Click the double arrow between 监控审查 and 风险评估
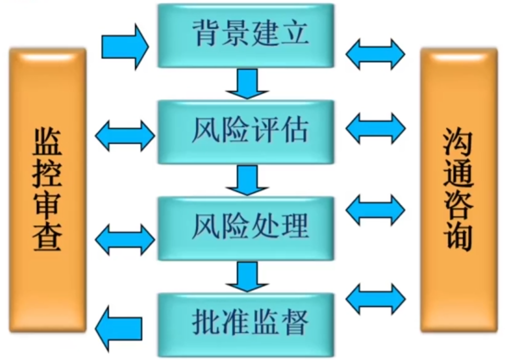125,135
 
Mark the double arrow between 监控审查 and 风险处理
125,238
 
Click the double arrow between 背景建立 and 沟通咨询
375,54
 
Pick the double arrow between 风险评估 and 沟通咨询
375,127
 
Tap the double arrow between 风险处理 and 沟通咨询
375,209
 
